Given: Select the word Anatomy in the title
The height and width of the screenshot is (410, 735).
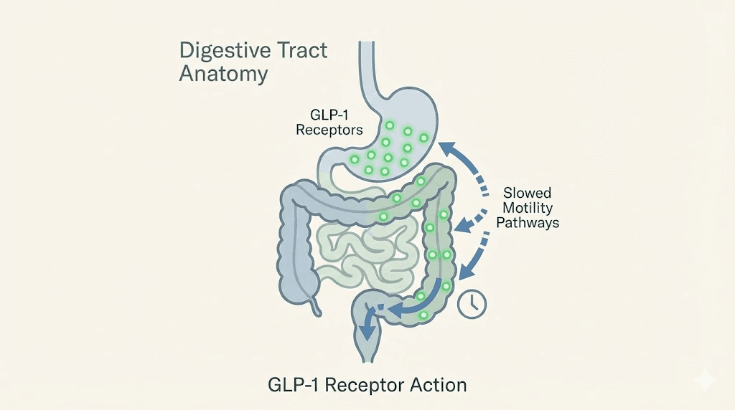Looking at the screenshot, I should point(215,73).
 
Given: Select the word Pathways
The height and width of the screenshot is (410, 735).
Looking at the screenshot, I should point(531,222).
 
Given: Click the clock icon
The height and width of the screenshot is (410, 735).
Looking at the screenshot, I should point(472,302).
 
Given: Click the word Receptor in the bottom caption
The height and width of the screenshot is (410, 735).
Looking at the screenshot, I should point(359,385).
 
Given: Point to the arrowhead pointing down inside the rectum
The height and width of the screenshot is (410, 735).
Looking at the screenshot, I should point(367,333).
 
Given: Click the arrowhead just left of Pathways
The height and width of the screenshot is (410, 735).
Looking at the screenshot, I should point(464,225).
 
